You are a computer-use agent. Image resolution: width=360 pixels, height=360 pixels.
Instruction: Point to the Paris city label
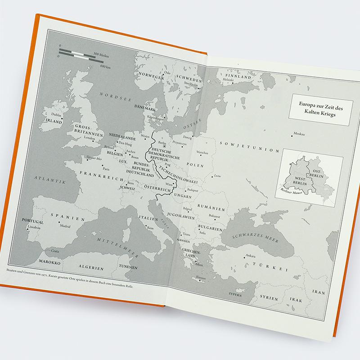click(x=107, y=169)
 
